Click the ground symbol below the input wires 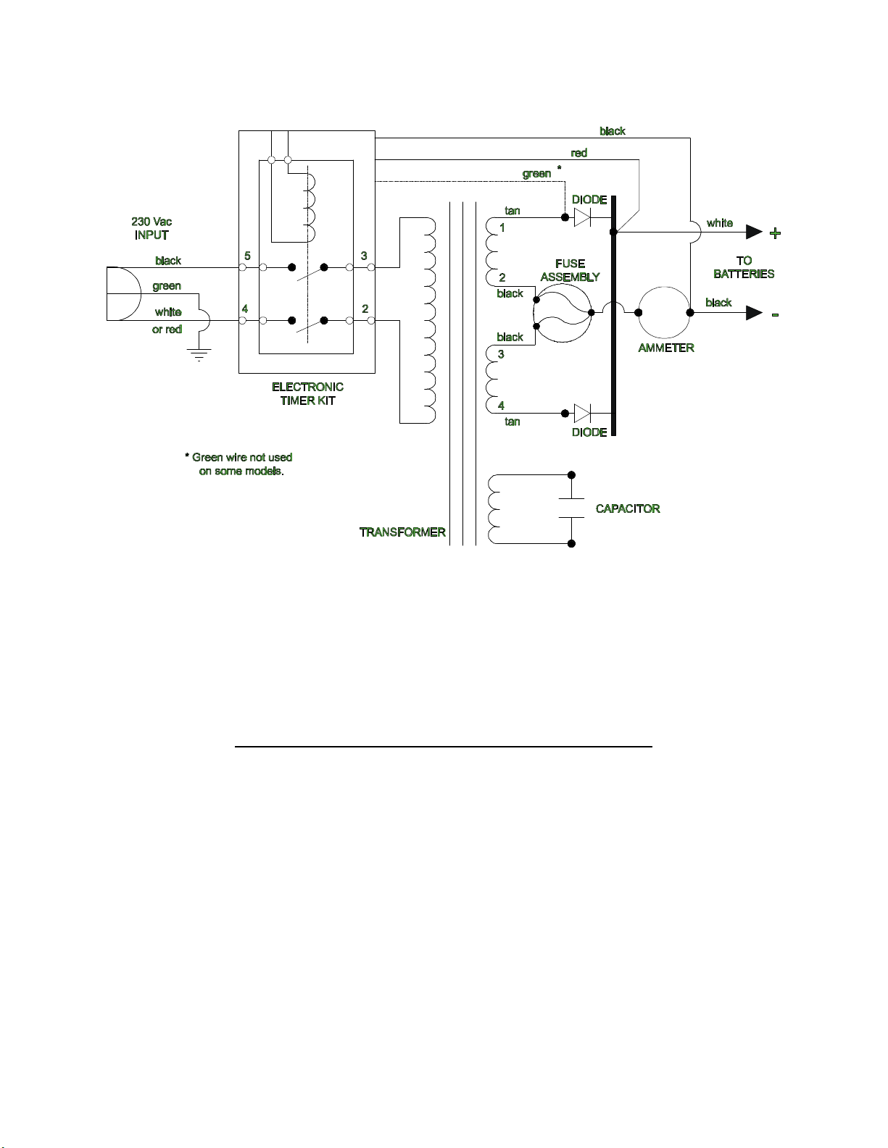199,354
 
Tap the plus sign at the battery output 775,233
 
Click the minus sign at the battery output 775,315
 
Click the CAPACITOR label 628,508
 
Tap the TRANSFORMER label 402,532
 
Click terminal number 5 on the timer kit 247,256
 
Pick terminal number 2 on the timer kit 365,309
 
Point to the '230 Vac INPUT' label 152,228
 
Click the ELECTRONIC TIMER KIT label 307,393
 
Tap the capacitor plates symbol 571,508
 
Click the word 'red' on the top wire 578,153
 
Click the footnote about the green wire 238,464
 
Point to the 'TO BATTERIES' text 744,267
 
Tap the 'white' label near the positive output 719,223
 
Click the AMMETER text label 666,348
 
